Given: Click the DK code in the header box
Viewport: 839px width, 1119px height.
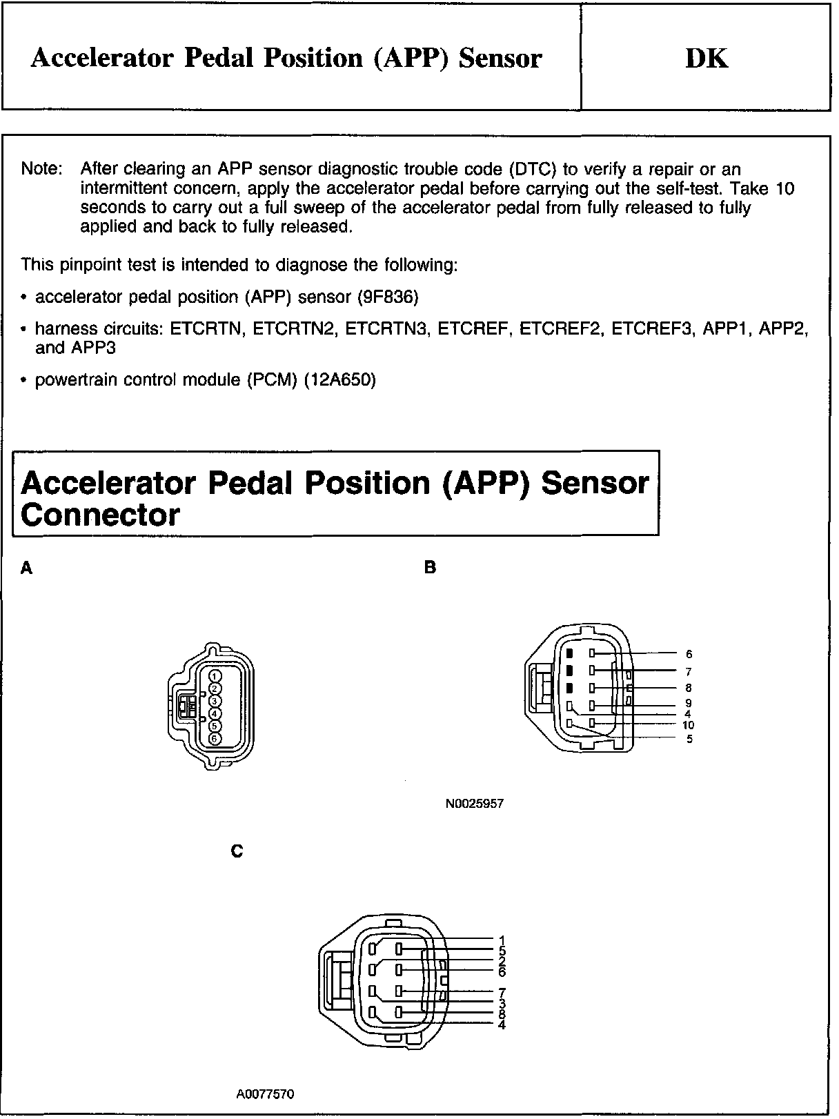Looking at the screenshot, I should (x=706, y=58).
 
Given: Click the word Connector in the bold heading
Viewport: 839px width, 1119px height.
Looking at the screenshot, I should (x=101, y=515).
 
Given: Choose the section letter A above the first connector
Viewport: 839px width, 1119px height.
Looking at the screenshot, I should (x=27, y=568).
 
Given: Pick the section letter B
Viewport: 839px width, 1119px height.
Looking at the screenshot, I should (x=431, y=568).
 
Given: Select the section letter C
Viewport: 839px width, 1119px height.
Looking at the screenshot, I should (x=237, y=852).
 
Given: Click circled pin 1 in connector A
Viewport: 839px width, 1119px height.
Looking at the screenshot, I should (x=215, y=676).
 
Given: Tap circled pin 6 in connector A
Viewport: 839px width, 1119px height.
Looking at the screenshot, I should (x=215, y=739).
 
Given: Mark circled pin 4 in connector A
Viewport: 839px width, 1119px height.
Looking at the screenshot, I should (x=215, y=713).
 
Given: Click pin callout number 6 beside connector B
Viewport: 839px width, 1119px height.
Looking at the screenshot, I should (x=689, y=654).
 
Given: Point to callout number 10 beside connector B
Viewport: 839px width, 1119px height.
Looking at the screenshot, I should (x=688, y=725).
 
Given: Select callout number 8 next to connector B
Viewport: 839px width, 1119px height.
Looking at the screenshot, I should (x=689, y=688).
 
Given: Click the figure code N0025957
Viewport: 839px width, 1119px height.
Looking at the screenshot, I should (x=474, y=804).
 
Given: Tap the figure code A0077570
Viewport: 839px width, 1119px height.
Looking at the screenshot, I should (x=264, y=1094).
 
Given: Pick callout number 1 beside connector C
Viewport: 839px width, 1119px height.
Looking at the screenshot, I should (x=502, y=940).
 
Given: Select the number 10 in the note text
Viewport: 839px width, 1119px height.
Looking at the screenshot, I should (x=784, y=188).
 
